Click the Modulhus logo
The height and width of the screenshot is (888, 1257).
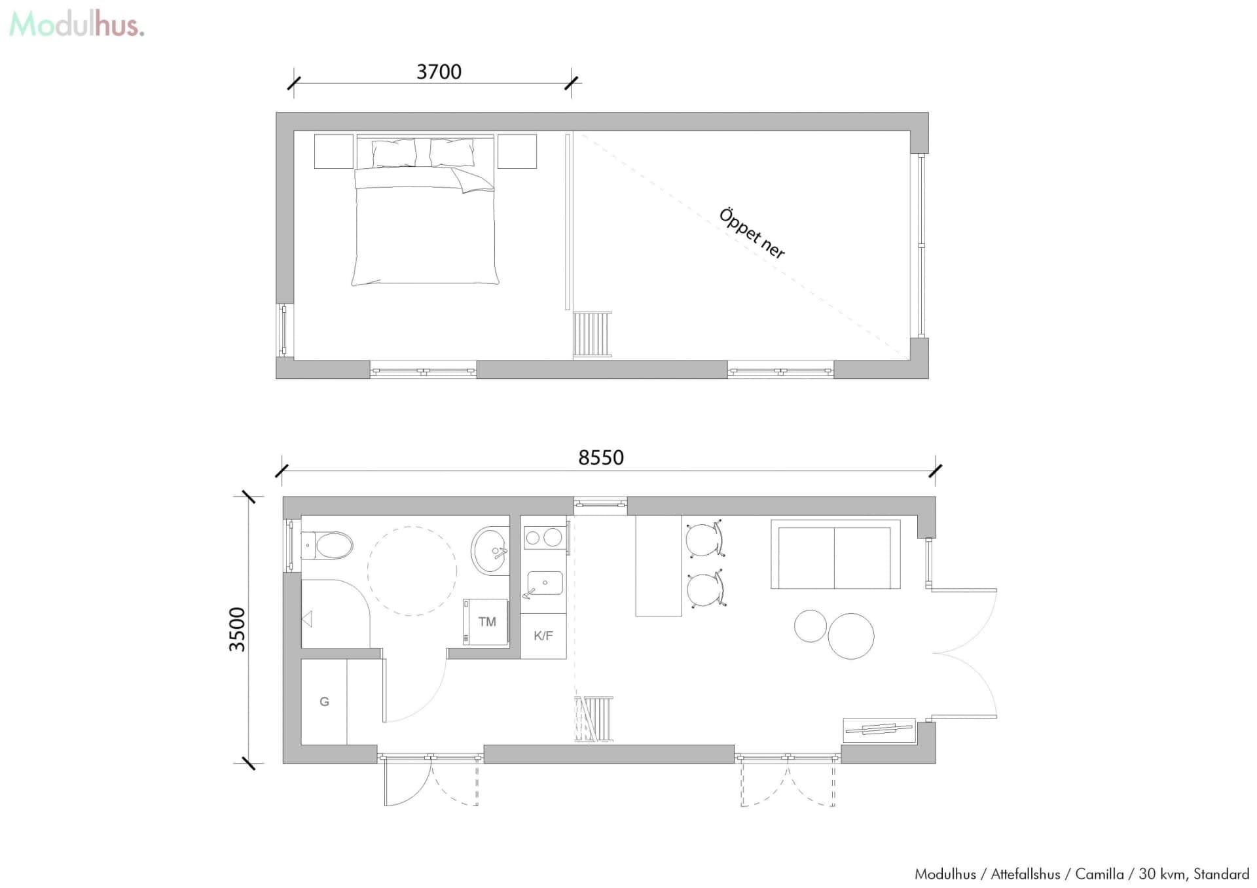point(77,25)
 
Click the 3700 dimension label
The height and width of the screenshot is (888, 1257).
point(439,71)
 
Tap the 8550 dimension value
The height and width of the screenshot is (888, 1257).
point(600,457)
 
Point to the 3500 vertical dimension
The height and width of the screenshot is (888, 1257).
point(237,630)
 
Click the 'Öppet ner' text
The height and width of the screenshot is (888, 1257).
point(752,234)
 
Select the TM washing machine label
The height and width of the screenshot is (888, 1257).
point(487,622)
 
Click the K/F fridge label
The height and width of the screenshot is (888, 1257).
point(543,635)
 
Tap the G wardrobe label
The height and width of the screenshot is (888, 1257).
point(324,702)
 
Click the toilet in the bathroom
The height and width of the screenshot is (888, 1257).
point(327,545)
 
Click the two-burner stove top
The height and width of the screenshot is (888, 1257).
point(544,537)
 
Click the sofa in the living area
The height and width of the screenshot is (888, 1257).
point(835,554)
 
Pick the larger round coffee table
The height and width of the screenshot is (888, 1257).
point(851,636)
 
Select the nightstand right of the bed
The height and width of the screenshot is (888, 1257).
point(517,151)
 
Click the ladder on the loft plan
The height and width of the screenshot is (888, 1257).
point(592,334)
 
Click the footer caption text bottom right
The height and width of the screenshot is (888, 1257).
point(1082,874)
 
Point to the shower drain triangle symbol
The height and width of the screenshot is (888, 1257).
point(307,618)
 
